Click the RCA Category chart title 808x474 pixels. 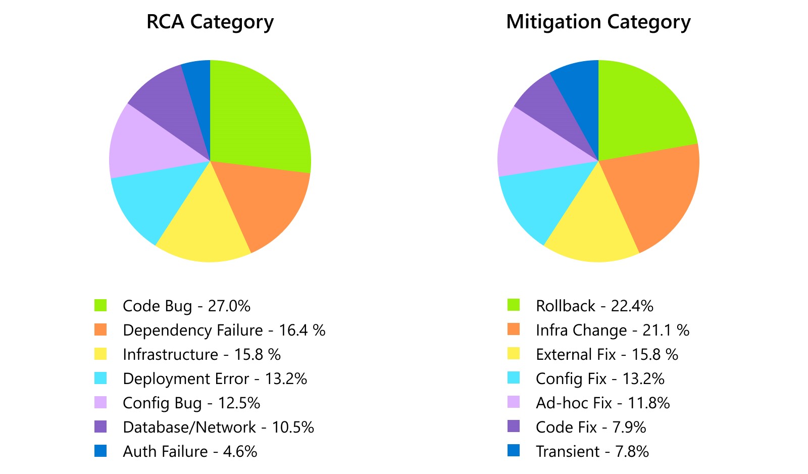[210, 22]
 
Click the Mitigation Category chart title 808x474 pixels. [598, 22]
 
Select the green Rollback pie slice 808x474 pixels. [641, 111]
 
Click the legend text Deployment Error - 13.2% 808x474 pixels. [215, 379]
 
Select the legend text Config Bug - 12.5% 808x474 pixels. [191, 403]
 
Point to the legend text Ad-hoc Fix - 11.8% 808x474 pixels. [602, 403]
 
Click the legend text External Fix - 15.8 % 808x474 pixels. [607, 355]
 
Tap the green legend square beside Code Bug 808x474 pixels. [100, 305]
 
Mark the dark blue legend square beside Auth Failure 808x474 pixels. [100, 451]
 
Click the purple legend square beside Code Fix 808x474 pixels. [514, 426]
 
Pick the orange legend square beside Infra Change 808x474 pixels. [514, 329]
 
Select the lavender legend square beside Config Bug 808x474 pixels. [100, 402]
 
